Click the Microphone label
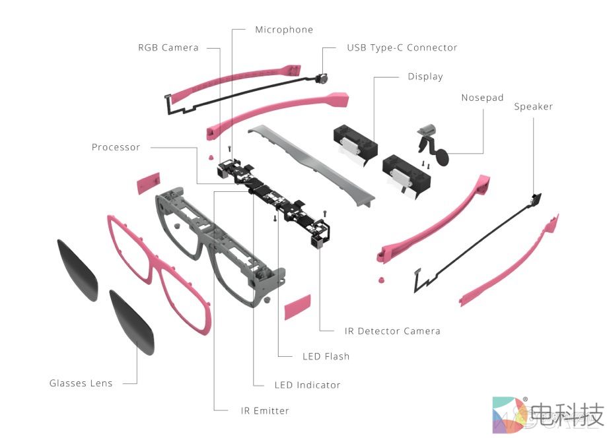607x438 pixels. [284, 30]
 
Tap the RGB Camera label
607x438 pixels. [168, 47]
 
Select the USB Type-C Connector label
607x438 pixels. [402, 47]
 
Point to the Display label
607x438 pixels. [425, 77]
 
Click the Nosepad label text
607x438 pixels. [482, 98]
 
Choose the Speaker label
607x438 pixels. [533, 106]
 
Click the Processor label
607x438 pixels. [116, 147]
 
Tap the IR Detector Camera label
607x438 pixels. [392, 330]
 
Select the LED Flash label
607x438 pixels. [326, 356]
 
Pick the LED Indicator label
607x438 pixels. [307, 385]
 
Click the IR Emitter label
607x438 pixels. [265, 410]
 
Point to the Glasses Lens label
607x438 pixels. [81, 383]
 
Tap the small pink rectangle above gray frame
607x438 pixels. [148, 184]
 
